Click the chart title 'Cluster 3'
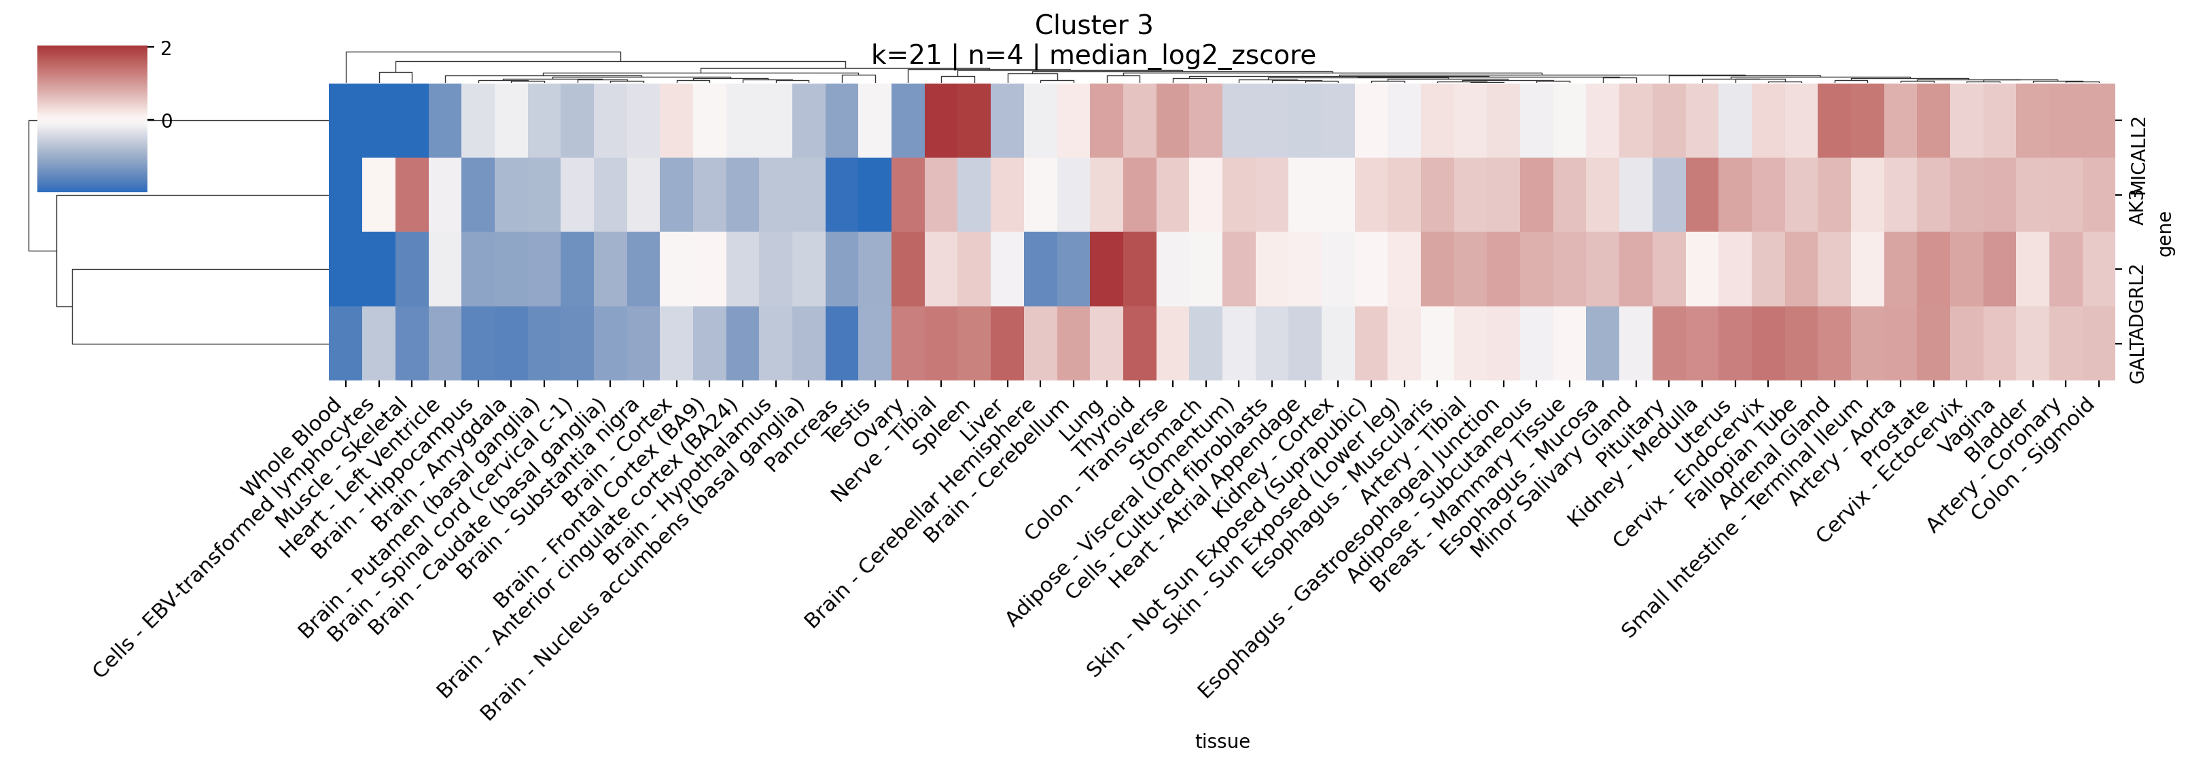point(1093,24)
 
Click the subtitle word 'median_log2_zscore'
point(1182,55)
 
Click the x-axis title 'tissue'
point(1222,741)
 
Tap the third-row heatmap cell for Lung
point(1107,269)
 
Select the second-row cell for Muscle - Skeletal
point(412,194)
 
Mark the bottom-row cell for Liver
point(1007,343)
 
